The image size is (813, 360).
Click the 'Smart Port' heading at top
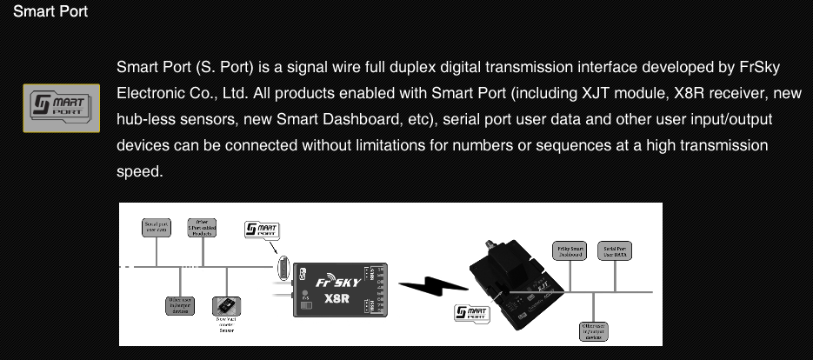[x=50, y=14]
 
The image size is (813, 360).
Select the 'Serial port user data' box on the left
[x=157, y=228]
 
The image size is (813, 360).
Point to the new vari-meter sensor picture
[x=226, y=307]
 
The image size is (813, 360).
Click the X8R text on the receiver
[x=338, y=298]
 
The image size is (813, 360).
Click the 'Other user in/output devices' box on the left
[x=179, y=305]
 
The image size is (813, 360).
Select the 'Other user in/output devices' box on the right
[x=594, y=332]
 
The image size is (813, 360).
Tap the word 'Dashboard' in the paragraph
[x=437, y=119]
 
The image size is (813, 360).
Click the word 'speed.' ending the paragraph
[x=139, y=171]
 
